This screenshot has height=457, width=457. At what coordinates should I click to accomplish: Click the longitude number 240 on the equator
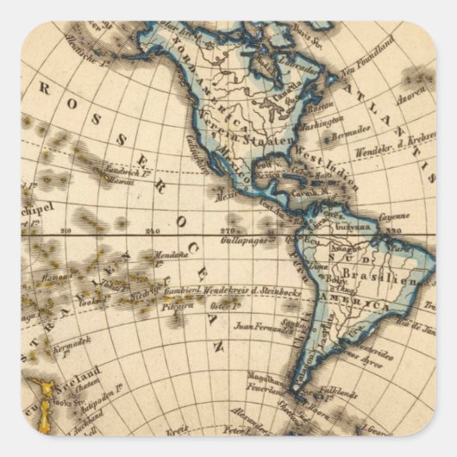154,230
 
